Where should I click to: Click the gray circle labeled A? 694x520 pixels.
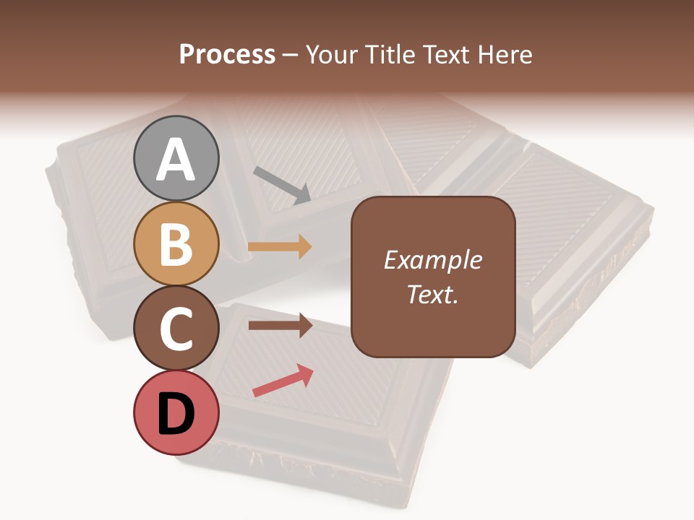(x=176, y=159)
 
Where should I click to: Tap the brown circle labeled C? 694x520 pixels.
(x=176, y=328)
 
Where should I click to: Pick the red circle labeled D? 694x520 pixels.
(x=176, y=412)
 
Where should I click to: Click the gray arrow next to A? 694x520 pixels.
(x=282, y=184)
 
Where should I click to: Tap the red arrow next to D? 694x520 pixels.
(x=283, y=381)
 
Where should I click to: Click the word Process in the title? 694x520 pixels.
(x=227, y=55)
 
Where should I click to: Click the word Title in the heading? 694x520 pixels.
(x=384, y=55)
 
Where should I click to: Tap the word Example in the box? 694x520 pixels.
(x=432, y=260)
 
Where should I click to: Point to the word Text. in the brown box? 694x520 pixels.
(x=432, y=295)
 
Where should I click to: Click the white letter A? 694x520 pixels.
(x=176, y=160)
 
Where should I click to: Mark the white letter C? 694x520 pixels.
(x=176, y=329)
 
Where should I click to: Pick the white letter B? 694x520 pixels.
(x=176, y=244)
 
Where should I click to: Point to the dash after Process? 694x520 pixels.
(x=290, y=56)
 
